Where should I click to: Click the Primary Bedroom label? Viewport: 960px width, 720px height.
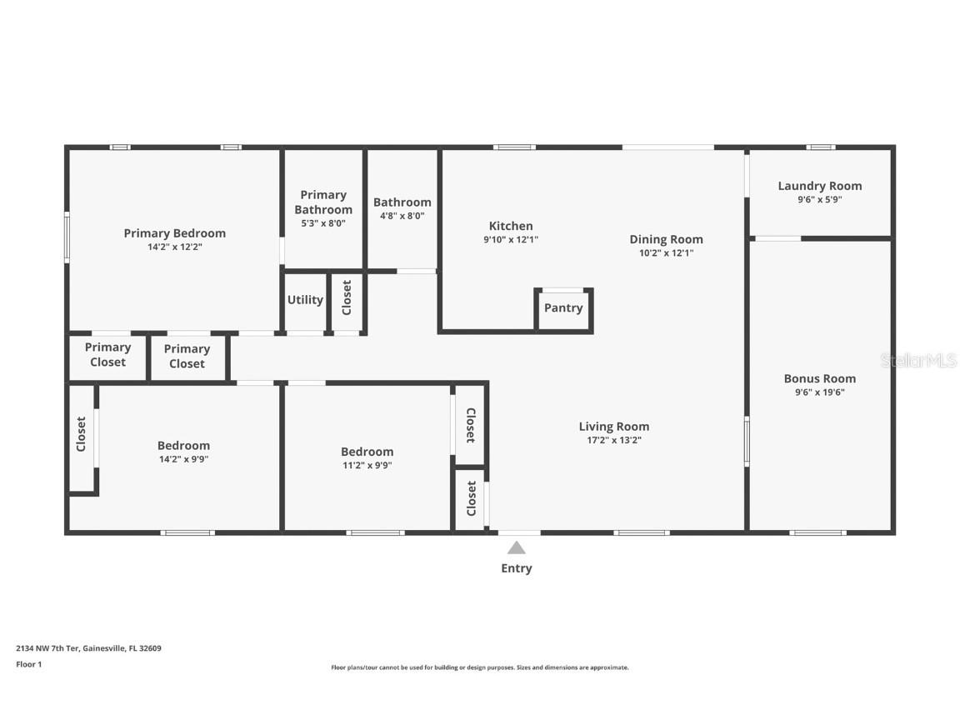pyautogui.click(x=174, y=233)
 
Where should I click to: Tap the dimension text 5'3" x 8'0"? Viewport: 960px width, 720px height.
pyautogui.click(x=322, y=223)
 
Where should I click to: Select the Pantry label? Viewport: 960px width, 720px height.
pyautogui.click(x=563, y=307)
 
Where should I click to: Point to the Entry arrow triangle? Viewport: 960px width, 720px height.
pyautogui.click(x=517, y=547)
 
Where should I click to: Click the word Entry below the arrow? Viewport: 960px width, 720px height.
pyautogui.click(x=517, y=568)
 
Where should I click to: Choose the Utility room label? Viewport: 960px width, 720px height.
pyautogui.click(x=305, y=300)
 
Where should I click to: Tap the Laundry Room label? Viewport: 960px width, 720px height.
pyautogui.click(x=820, y=186)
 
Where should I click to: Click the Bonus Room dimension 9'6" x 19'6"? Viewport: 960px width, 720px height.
pyautogui.click(x=820, y=392)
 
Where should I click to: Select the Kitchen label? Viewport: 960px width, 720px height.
pyautogui.click(x=511, y=226)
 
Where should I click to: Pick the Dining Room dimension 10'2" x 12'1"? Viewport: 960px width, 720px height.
pyautogui.click(x=666, y=252)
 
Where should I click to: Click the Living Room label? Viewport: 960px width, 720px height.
pyautogui.click(x=614, y=427)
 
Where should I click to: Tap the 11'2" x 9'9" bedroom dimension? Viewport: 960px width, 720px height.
pyautogui.click(x=367, y=466)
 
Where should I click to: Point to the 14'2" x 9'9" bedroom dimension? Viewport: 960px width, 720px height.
pyautogui.click(x=183, y=458)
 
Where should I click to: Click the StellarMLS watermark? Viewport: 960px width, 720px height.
pyautogui.click(x=917, y=361)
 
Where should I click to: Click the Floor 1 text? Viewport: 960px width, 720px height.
pyautogui.click(x=28, y=664)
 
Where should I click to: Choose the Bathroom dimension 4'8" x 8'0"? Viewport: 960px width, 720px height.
pyautogui.click(x=402, y=215)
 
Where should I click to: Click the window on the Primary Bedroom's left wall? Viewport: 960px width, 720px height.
pyautogui.click(x=67, y=237)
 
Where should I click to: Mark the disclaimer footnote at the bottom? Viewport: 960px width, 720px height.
pyautogui.click(x=480, y=667)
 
